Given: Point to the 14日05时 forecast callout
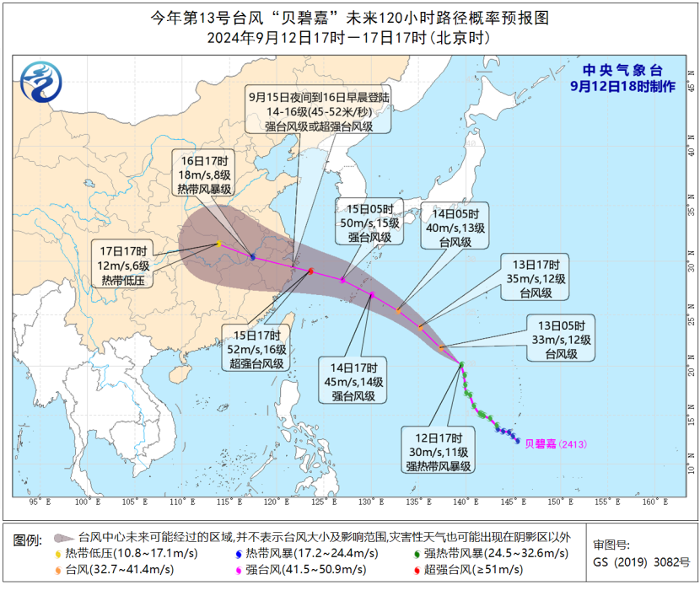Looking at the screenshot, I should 455,227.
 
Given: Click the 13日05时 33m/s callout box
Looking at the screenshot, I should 560,338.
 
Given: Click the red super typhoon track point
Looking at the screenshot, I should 311,271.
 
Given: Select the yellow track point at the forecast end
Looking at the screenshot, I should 218,244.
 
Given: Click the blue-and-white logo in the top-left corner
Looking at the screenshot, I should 40,82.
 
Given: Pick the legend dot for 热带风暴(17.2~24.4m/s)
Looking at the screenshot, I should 238,553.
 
